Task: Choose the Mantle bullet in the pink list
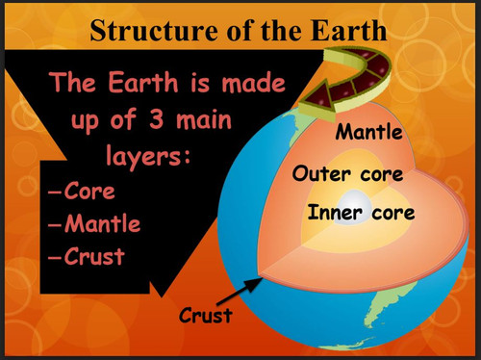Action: (102, 224)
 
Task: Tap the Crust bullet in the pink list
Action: (94, 257)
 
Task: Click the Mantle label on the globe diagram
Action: (368, 132)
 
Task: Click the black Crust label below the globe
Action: (206, 314)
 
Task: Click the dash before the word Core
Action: (56, 192)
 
